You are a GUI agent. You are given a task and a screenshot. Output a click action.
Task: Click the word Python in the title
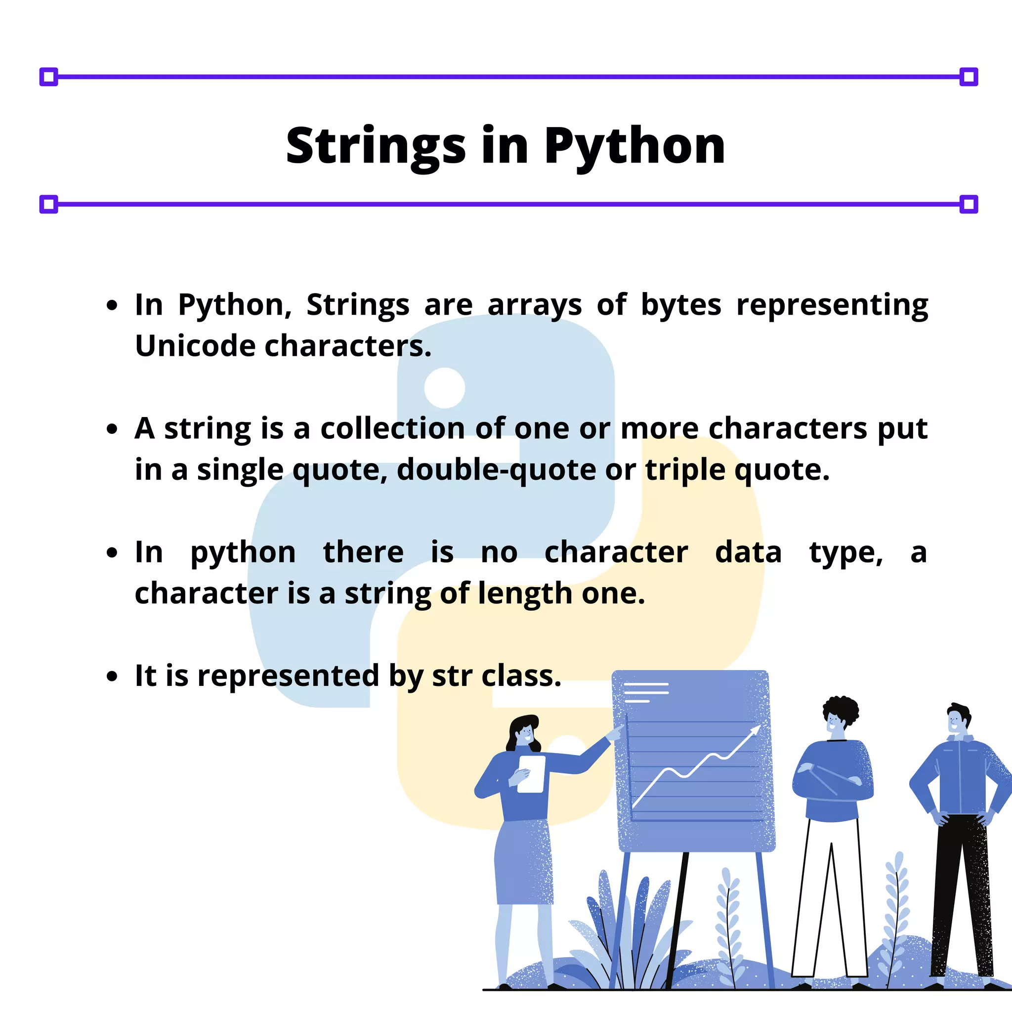click(x=634, y=146)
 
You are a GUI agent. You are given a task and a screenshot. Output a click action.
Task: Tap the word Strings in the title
click(x=376, y=146)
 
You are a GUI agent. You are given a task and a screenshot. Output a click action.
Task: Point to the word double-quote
click(x=496, y=469)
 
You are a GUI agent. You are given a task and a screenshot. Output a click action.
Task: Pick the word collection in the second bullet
click(x=392, y=428)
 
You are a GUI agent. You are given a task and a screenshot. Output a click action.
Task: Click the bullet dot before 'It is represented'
click(x=112, y=676)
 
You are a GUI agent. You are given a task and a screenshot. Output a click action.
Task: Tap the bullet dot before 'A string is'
click(x=112, y=429)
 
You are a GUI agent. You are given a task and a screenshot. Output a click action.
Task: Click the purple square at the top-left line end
click(x=49, y=77)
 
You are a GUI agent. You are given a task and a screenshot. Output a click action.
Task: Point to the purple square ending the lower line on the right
click(x=969, y=204)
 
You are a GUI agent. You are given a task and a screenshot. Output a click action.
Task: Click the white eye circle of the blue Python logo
click(x=445, y=387)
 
